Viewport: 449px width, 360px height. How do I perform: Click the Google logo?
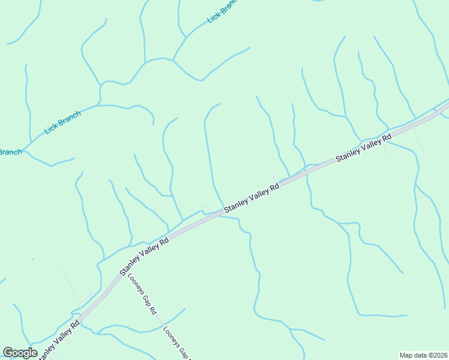(20, 353)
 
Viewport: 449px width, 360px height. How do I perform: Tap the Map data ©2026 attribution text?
(424, 355)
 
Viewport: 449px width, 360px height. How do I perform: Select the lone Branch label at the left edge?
(10, 152)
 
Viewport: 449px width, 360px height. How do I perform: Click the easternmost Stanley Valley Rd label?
(363, 148)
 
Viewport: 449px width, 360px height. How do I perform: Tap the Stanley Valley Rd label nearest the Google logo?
(58, 340)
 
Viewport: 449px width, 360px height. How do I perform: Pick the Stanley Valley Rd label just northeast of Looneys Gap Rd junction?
(145, 255)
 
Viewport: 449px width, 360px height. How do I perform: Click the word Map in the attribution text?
(407, 355)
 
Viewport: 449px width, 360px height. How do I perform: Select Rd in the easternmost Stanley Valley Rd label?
(387, 137)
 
